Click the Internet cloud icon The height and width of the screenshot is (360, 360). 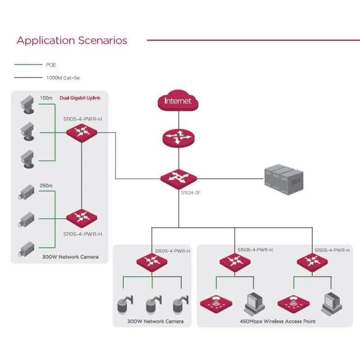pos(178,101)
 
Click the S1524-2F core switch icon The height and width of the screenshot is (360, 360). pos(178,178)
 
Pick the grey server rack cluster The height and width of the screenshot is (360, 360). pos(282,179)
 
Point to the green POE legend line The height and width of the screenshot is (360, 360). pos(28,65)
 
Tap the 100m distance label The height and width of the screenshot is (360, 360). pos(46,98)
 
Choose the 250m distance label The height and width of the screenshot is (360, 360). pos(46,185)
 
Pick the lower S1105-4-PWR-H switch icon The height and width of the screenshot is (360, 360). pos(81,218)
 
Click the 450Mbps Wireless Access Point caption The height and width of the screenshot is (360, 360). pos(278,321)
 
